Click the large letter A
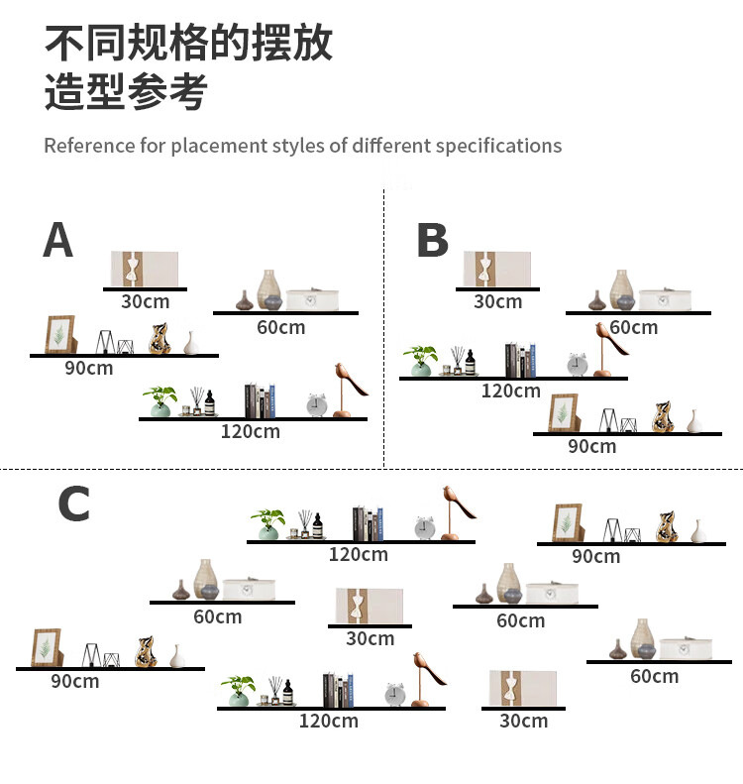pos(58,240)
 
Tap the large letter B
pos(432,240)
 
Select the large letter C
pos(73,504)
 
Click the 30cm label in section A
pos(145,301)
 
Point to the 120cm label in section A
pos(250,431)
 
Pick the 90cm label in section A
pos(89,368)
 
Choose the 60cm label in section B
pos(633,327)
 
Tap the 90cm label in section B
pos(591,446)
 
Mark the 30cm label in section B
pos(497,301)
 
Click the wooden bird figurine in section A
pos(346,389)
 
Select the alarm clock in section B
pos(577,364)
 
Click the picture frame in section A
pos(59,335)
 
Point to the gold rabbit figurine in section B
pos(665,417)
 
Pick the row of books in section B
pos(520,360)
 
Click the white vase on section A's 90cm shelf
pos(192,343)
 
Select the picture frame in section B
pos(564,413)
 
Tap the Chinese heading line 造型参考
pos(126,92)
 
